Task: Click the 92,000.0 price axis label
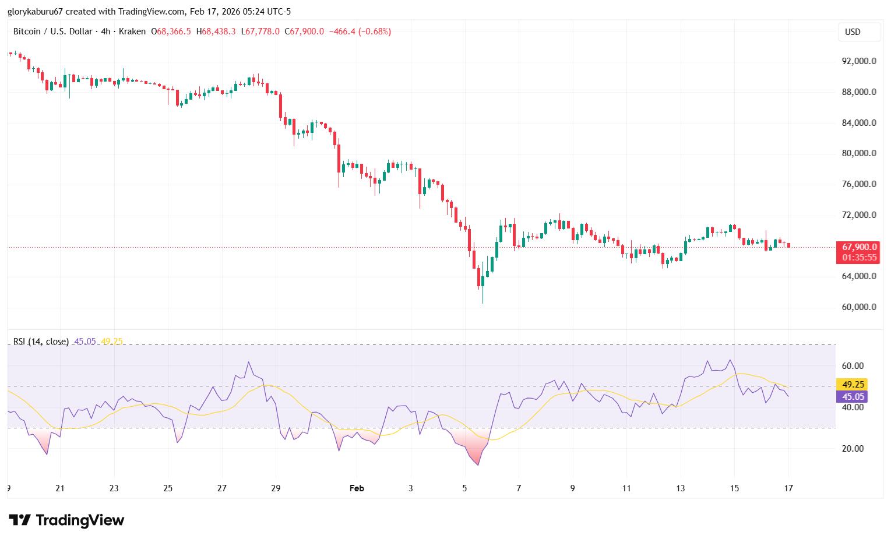point(859,61)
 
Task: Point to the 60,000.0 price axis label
point(859,307)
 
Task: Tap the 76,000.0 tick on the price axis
point(859,184)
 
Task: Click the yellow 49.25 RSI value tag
point(853,385)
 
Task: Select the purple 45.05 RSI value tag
point(853,397)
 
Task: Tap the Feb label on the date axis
point(357,488)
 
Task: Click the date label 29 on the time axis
point(276,488)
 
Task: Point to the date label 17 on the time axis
point(788,488)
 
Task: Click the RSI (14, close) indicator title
point(41,342)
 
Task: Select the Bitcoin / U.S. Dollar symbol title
point(52,31)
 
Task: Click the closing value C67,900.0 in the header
point(304,31)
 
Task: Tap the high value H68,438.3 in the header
point(216,31)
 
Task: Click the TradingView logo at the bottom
point(66,520)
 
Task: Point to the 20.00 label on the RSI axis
point(853,449)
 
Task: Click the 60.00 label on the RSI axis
point(853,366)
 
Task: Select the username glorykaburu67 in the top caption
point(35,12)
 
